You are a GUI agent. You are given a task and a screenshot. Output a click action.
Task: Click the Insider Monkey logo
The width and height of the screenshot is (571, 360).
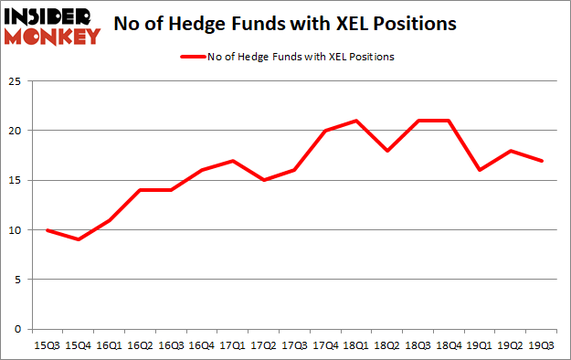(52, 26)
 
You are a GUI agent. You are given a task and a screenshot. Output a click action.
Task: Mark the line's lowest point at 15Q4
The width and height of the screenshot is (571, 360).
(79, 239)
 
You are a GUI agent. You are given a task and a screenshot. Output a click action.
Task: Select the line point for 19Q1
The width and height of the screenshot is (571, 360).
(481, 170)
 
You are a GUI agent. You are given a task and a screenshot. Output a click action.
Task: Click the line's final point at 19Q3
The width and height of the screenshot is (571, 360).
(543, 160)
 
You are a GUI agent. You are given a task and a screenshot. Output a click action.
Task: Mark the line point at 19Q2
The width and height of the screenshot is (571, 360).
(512, 150)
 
